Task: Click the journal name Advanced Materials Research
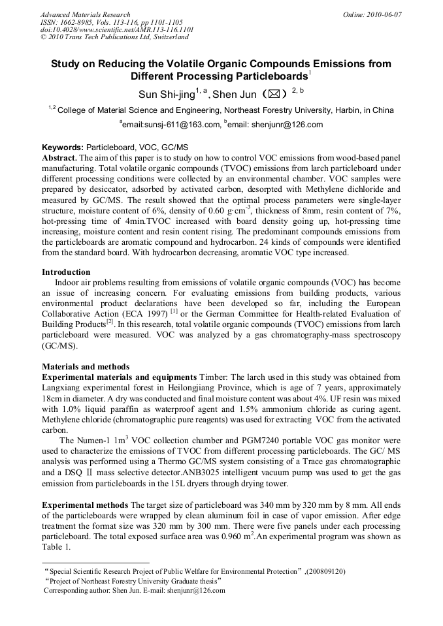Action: pos(85,14)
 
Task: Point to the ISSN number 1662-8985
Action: pos(84,22)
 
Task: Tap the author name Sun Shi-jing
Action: pos(167,95)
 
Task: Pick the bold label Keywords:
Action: pos(63,149)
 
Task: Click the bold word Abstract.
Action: pos(59,159)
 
